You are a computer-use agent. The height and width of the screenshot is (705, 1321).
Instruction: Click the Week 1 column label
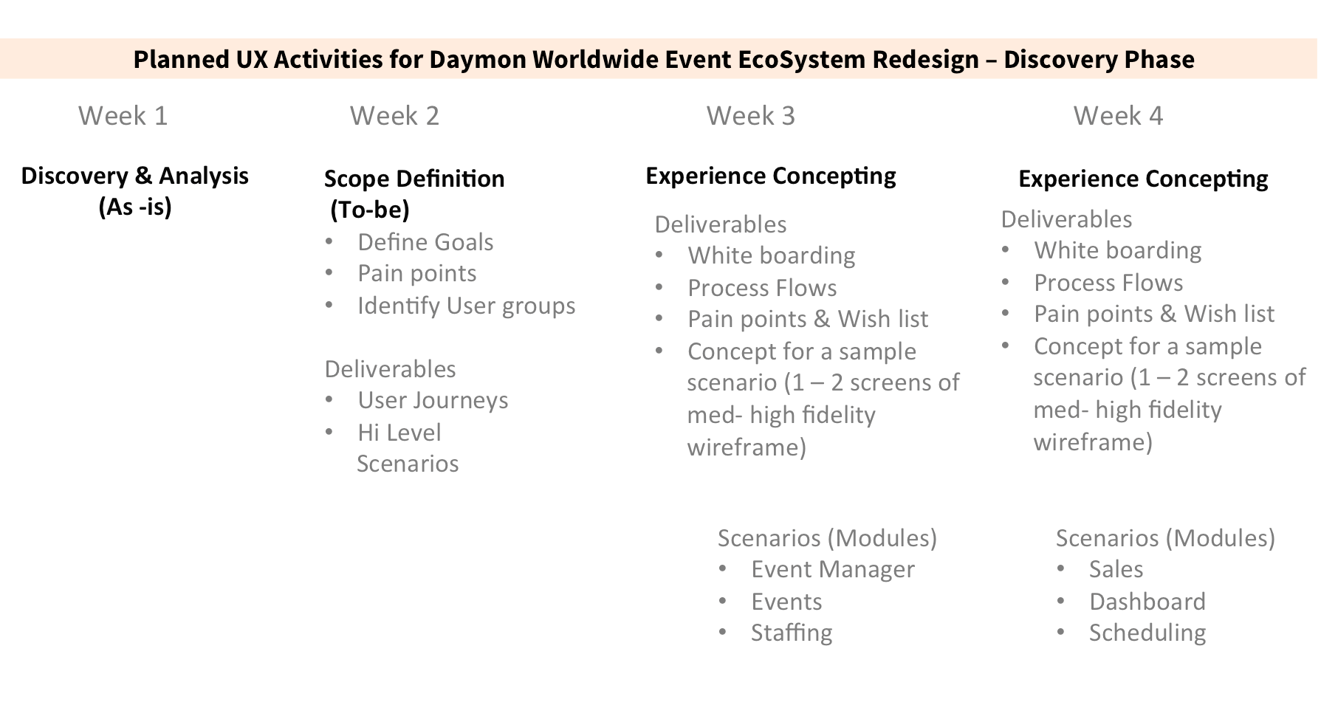tap(123, 116)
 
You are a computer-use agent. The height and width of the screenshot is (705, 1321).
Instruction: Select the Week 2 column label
tap(394, 116)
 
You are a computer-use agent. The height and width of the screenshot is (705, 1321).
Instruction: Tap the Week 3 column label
tap(751, 116)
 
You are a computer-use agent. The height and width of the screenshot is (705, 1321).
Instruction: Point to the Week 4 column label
tap(1118, 116)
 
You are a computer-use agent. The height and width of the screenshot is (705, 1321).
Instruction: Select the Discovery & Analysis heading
tap(135, 176)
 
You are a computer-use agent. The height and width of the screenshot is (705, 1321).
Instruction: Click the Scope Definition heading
tap(414, 179)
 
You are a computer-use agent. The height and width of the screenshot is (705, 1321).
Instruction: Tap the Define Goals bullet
tap(425, 242)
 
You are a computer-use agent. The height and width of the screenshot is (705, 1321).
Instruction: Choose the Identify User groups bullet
tap(466, 306)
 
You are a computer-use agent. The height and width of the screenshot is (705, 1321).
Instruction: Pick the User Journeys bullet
tap(433, 400)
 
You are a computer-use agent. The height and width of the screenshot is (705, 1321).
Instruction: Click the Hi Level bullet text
tap(399, 433)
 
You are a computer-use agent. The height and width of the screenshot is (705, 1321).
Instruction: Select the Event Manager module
tap(833, 569)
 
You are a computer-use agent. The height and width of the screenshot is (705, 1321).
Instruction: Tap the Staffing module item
tap(792, 633)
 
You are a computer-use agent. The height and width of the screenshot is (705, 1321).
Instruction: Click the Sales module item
tap(1116, 569)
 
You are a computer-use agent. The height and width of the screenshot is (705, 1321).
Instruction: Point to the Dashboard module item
tap(1147, 602)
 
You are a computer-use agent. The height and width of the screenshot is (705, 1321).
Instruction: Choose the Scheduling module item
tap(1147, 633)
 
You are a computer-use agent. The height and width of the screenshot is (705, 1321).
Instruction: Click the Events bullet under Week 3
tap(786, 602)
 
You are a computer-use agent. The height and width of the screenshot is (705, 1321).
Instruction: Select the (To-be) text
tap(369, 210)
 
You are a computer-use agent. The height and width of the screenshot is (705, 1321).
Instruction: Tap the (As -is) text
tap(135, 207)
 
